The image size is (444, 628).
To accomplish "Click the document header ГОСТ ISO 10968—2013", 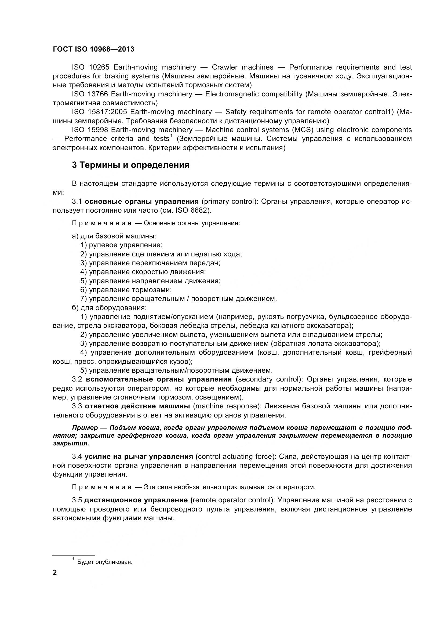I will [93, 49].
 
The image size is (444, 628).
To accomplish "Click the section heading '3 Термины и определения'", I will [131, 165].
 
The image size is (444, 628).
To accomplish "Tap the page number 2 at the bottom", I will [55, 572].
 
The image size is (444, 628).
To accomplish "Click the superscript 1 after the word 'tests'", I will [172, 136].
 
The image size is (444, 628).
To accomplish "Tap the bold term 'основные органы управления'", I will [142, 202].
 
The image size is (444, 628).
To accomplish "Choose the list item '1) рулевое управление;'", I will [121, 245].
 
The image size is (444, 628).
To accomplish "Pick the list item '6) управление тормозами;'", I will [126, 290].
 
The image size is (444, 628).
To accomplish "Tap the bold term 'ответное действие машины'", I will [137, 406].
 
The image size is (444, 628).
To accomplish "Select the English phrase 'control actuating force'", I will [235, 456].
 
